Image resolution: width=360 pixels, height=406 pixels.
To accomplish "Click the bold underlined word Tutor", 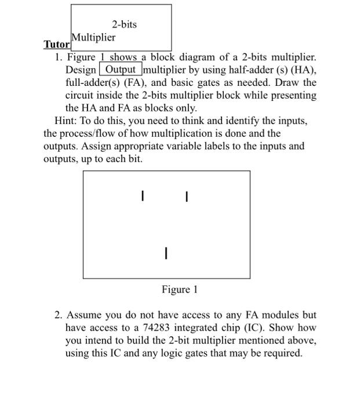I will coord(56,45).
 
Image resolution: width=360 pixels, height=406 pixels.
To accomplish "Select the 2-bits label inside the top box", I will coord(125,24).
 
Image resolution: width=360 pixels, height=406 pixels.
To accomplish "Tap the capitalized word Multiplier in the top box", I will coord(93,38).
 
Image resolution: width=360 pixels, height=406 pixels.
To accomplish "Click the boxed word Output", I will coord(120,70).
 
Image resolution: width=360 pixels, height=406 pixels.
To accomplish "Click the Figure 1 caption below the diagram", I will coord(180,289).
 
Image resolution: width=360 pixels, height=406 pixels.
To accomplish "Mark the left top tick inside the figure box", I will coord(143,197).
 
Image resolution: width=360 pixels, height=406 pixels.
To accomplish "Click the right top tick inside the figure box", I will coord(186,197).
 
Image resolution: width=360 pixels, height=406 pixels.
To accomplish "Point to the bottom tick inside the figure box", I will coord(166,253).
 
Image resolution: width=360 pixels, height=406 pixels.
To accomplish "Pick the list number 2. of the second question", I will coord(59,315).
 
